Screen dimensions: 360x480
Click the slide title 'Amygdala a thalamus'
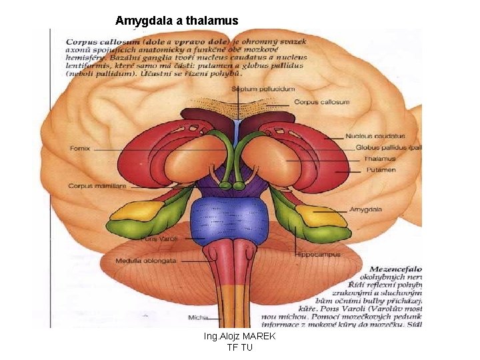tap(177, 21)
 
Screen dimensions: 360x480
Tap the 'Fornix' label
tap(80, 148)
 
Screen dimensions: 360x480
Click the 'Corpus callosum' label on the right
tap(321, 103)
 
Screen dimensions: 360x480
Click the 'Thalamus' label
tap(379, 159)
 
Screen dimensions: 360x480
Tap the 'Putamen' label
tap(380, 170)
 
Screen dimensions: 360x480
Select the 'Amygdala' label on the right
tap(365, 210)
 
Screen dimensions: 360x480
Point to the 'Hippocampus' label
tap(318, 255)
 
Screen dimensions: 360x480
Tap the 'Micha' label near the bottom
tap(199, 317)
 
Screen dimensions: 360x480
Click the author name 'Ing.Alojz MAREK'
tap(239, 337)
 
